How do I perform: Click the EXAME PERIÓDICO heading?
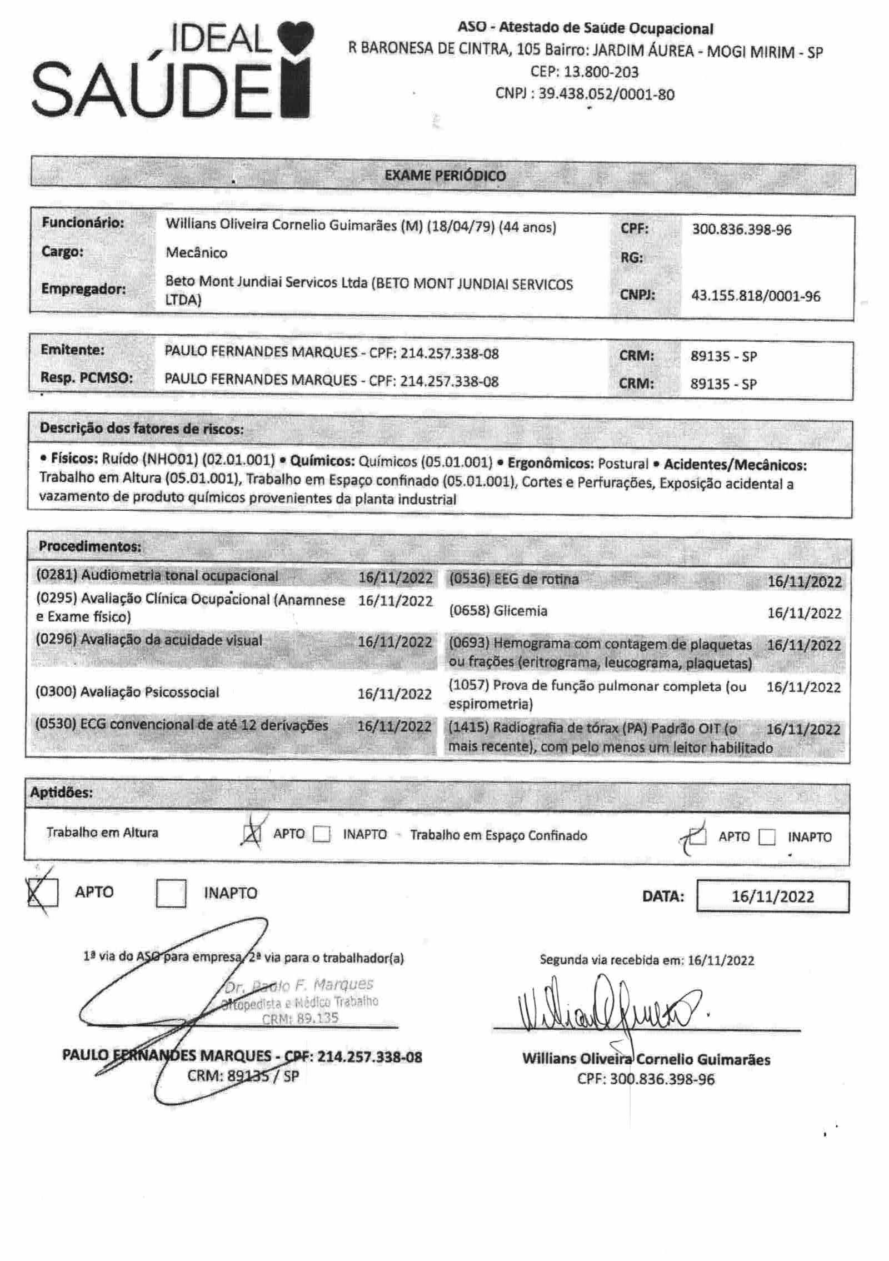point(445,176)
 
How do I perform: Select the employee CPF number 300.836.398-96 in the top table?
point(741,230)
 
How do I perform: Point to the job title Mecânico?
point(196,253)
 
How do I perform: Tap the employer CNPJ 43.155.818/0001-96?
point(755,296)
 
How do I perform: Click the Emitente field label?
point(72,350)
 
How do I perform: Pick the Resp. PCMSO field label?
point(86,378)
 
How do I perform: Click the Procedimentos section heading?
point(90,546)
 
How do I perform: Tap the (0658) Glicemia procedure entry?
point(498,611)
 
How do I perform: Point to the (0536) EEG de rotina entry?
point(513,579)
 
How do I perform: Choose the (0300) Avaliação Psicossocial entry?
point(127,692)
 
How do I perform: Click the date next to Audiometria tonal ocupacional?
point(395,577)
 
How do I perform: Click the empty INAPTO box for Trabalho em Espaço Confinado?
point(767,836)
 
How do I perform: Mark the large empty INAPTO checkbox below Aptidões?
point(171,893)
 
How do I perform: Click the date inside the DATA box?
point(772,896)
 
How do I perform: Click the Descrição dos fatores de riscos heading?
point(141,428)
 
